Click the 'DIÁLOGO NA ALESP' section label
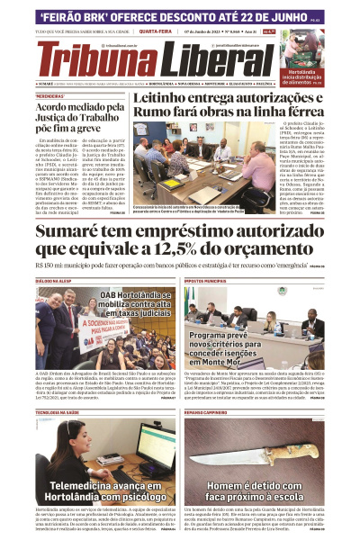(x=55, y=282)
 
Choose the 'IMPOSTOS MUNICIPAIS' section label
(x=206, y=282)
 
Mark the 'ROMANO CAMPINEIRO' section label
(x=206, y=411)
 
